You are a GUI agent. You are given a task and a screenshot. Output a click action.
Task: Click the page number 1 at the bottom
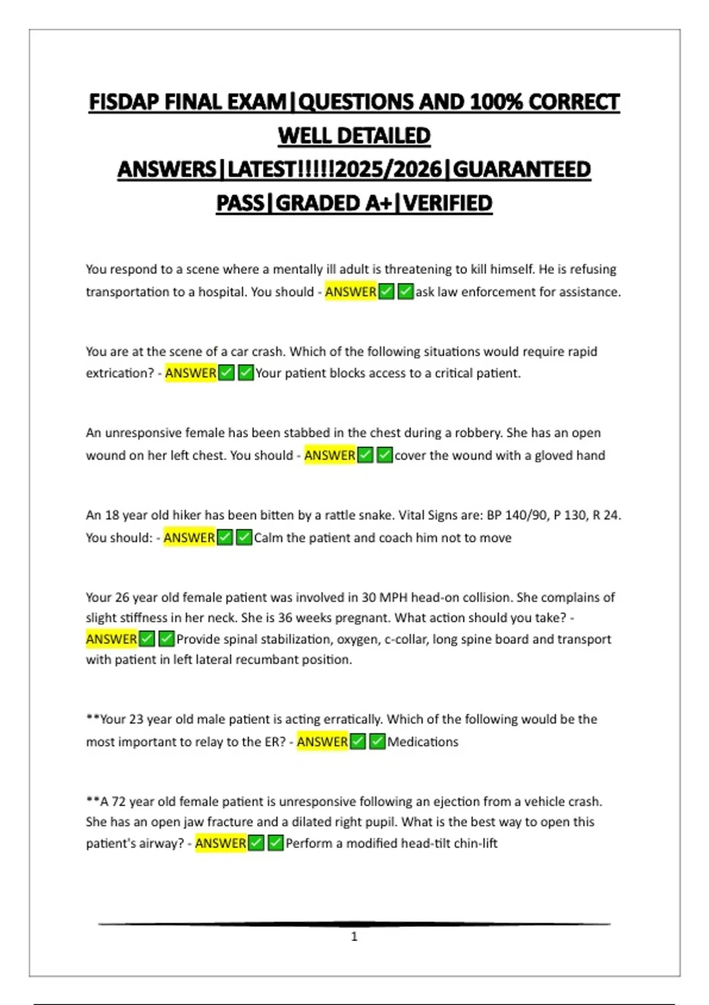tap(354, 936)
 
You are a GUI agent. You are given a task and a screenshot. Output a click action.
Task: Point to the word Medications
tap(422, 742)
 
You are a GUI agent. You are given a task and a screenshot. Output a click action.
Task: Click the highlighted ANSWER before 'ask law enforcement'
tap(350, 292)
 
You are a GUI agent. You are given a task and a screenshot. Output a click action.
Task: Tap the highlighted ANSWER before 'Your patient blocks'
tap(190, 374)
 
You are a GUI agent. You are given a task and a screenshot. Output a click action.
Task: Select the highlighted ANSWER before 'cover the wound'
tap(330, 456)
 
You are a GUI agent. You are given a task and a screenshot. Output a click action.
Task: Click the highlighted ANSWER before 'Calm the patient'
tap(189, 538)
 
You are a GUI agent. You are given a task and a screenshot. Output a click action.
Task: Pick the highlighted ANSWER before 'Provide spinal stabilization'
tap(111, 639)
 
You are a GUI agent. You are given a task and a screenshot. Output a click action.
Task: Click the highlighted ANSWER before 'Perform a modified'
tap(220, 844)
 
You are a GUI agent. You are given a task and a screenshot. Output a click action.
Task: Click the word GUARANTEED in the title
tap(522, 170)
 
